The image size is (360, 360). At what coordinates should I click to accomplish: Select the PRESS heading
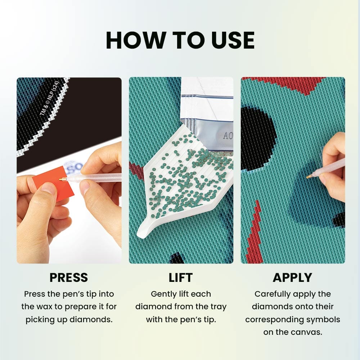point(69,278)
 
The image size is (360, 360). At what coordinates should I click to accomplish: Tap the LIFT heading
point(181,278)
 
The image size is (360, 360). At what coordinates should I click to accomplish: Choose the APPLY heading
point(292,278)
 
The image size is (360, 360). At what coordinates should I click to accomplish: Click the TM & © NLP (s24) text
point(49,99)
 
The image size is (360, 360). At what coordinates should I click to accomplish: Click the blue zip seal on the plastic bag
point(207,96)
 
